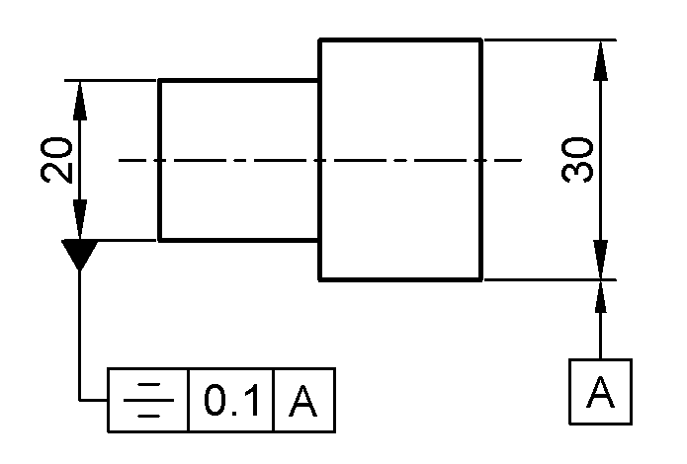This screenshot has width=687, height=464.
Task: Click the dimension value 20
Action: (x=57, y=160)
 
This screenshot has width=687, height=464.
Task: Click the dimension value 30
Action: (x=578, y=160)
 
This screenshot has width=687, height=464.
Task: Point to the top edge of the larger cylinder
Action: (x=399, y=39)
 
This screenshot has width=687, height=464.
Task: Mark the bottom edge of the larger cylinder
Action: (x=399, y=279)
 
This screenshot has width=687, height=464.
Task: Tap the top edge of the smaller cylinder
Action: (x=238, y=80)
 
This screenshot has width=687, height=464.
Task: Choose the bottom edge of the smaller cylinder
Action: (x=238, y=240)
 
